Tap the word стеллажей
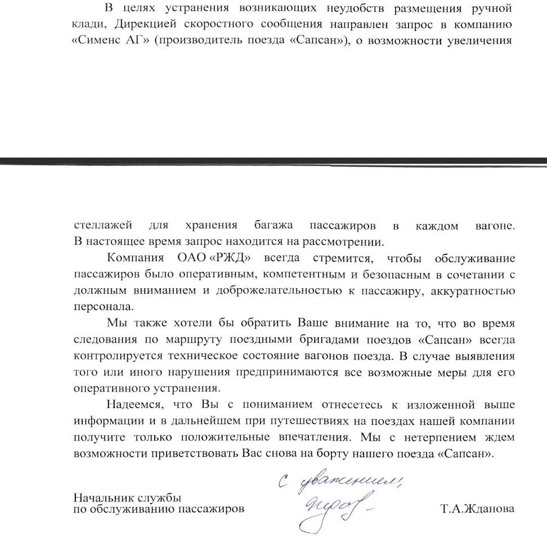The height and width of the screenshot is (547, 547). coord(104,226)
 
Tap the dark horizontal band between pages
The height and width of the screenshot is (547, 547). coord(273,161)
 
